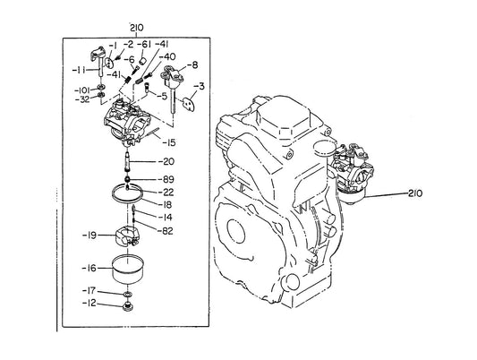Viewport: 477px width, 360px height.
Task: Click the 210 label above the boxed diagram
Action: click(137, 28)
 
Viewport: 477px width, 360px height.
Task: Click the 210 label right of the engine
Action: click(415, 193)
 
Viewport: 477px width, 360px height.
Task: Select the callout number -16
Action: click(89, 268)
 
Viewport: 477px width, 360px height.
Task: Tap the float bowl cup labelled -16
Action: click(128, 270)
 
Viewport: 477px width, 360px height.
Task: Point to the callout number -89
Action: click(166, 179)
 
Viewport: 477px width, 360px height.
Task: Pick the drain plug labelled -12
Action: click(128, 306)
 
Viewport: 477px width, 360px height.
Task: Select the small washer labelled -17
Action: click(127, 294)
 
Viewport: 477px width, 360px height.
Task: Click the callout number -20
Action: click(166, 161)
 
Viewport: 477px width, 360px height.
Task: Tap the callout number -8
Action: click(192, 65)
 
